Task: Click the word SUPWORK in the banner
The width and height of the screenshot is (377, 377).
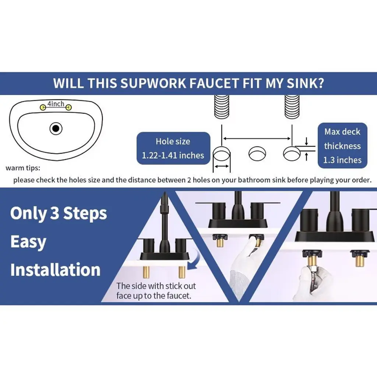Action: click(x=153, y=83)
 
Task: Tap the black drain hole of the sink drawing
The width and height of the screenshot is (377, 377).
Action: click(x=56, y=128)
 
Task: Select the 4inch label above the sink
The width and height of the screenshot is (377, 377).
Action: click(x=56, y=104)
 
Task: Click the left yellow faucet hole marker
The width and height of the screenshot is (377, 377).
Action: click(x=43, y=107)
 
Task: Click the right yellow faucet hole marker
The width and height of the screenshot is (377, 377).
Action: click(x=68, y=107)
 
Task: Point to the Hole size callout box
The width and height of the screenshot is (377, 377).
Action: click(x=173, y=148)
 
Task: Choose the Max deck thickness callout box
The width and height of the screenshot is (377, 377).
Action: click(x=342, y=146)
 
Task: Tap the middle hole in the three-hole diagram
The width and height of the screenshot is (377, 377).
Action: click(x=257, y=154)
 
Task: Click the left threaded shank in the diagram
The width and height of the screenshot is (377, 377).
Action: click(x=221, y=107)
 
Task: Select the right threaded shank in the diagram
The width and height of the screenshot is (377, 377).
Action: click(x=292, y=107)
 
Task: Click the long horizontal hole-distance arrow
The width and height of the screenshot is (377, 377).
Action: click(x=257, y=138)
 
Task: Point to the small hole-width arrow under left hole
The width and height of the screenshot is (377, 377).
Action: click(x=221, y=166)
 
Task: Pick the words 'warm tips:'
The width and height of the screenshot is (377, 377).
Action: click(x=23, y=168)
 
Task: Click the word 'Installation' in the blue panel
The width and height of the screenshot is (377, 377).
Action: click(x=55, y=270)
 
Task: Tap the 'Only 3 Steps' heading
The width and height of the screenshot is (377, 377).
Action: click(x=59, y=214)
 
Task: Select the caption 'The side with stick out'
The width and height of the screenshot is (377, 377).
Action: click(x=156, y=286)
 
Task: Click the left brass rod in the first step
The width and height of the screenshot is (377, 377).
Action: click(x=146, y=272)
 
